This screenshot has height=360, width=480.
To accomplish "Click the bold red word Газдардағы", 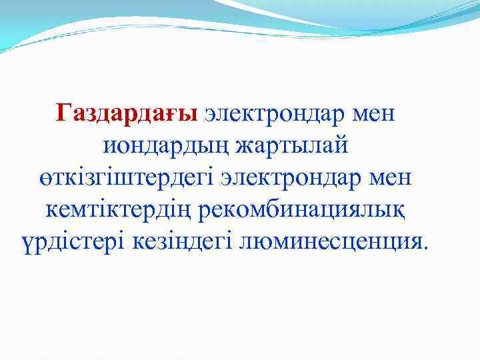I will click(127, 113).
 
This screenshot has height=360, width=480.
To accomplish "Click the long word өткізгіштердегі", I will click(124, 178).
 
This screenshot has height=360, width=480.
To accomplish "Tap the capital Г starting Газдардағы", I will click(64, 113).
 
